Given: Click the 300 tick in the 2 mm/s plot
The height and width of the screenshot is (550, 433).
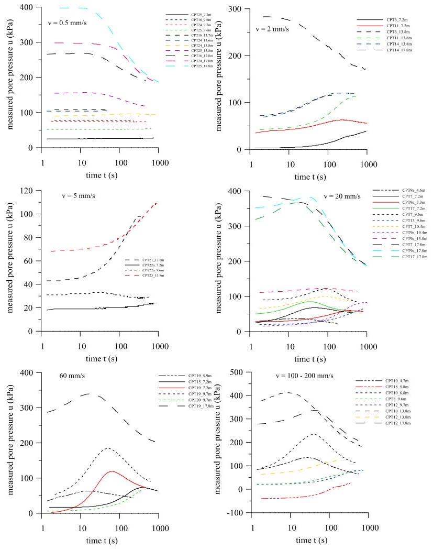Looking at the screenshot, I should pos(238,9).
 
